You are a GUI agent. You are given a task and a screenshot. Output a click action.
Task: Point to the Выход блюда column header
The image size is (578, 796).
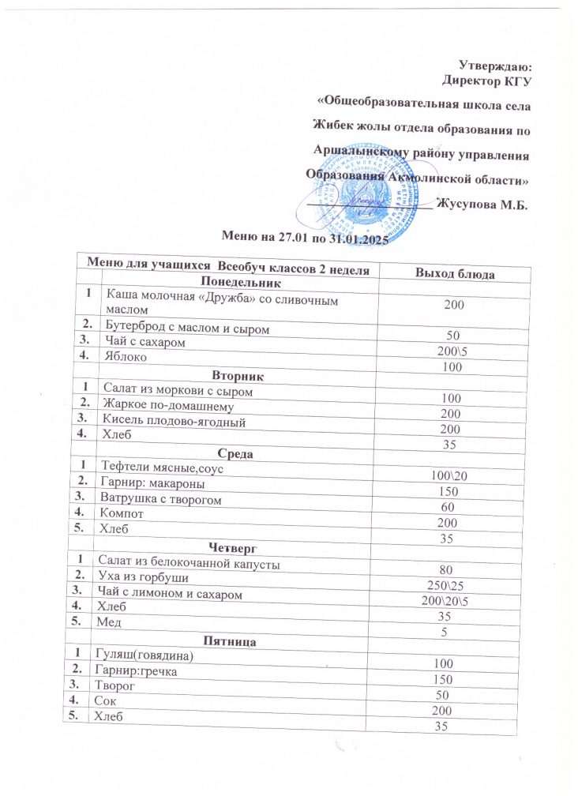click(x=456, y=273)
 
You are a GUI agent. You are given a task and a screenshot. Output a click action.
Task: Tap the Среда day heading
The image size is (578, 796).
click(x=235, y=454)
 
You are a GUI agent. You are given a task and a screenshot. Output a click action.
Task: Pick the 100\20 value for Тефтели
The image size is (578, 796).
click(x=446, y=476)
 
